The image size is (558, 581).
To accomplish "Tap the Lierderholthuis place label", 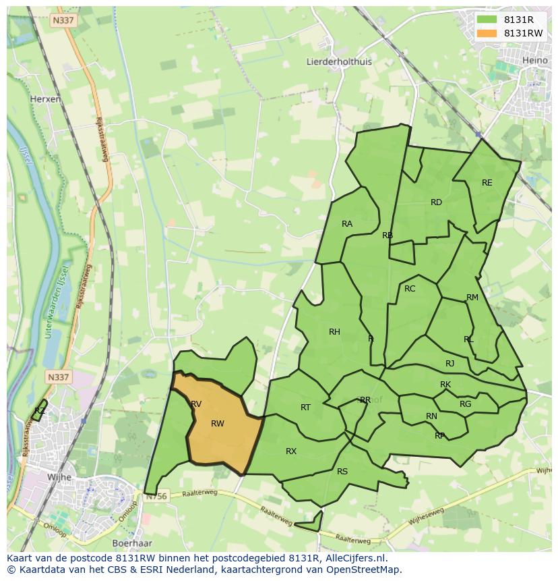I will click(x=339, y=61).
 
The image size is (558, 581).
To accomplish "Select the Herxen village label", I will click(x=45, y=99).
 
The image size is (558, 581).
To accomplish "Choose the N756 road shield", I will click(x=155, y=496).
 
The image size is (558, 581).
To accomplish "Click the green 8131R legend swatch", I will click(x=486, y=20).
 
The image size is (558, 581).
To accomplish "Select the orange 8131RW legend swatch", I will click(x=486, y=33).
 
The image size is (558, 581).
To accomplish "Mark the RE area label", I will click(x=487, y=183).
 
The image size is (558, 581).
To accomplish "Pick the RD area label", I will click(x=436, y=202).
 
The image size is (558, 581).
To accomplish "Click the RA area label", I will click(x=347, y=224).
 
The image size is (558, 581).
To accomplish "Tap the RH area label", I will click(x=334, y=331).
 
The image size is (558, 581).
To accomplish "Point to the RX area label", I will click(x=291, y=451).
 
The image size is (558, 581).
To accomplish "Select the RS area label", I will click(x=342, y=472).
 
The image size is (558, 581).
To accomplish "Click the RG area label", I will click(x=465, y=404).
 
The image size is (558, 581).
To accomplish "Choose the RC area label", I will click(x=410, y=289).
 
